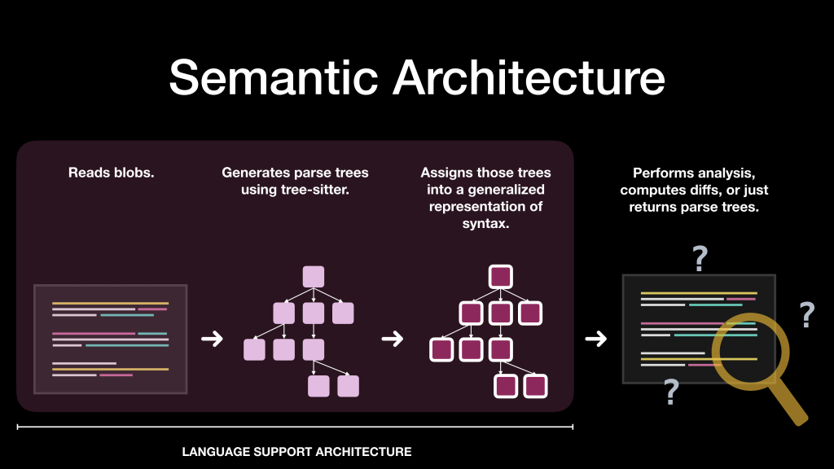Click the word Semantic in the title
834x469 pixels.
pyautogui.click(x=272, y=78)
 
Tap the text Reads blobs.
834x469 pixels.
pyautogui.click(x=110, y=173)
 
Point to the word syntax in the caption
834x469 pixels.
pyautogui.click(x=485, y=223)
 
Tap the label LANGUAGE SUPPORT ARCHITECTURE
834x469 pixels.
pyautogui.click(x=296, y=451)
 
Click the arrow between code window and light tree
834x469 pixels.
pyautogui.click(x=212, y=339)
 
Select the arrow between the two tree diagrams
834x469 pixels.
pyautogui.click(x=393, y=339)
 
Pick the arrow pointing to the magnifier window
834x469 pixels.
pyautogui.click(x=596, y=339)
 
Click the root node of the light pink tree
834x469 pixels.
pyautogui.click(x=314, y=277)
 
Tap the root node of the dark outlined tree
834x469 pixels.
pyautogui.click(x=501, y=277)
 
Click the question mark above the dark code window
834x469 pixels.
pyautogui.click(x=700, y=259)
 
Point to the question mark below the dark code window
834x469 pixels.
pyautogui.click(x=671, y=392)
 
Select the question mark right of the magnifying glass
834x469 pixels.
pyautogui.click(x=806, y=314)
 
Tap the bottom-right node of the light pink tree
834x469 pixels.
pyautogui.click(x=348, y=386)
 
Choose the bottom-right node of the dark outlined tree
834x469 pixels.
pyautogui.click(x=535, y=386)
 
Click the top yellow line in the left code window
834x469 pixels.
pyautogui.click(x=110, y=304)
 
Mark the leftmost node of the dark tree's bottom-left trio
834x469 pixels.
pyautogui.click(x=441, y=349)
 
